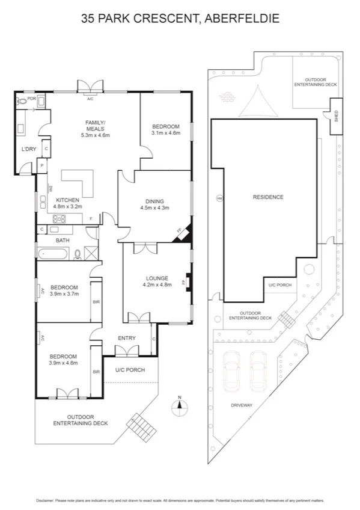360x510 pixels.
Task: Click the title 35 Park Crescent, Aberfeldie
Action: (x=180, y=19)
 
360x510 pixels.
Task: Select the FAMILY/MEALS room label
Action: (x=95, y=128)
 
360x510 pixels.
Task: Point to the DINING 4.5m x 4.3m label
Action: (x=154, y=204)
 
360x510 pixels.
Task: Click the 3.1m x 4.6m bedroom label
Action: (x=165, y=129)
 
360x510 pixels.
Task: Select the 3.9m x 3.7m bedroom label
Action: (x=63, y=291)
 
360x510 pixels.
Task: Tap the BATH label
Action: (x=63, y=241)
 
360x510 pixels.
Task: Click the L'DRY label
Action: (x=28, y=149)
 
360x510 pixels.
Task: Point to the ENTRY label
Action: (x=127, y=338)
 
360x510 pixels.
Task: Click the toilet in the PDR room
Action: (x=23, y=103)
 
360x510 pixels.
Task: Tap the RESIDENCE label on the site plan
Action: (x=267, y=197)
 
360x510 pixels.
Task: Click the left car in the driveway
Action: (x=231, y=370)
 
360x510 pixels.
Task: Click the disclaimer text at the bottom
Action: (x=180, y=500)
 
